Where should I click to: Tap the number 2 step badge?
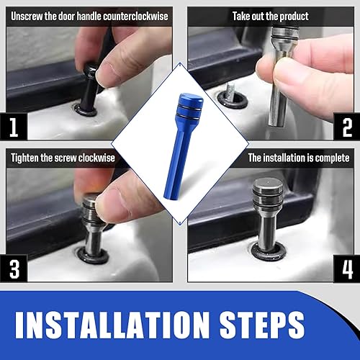click(x=346, y=129)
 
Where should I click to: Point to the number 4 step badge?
click(x=346, y=269)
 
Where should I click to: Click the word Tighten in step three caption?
click(x=28, y=157)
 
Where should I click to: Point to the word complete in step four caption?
click(x=331, y=157)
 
